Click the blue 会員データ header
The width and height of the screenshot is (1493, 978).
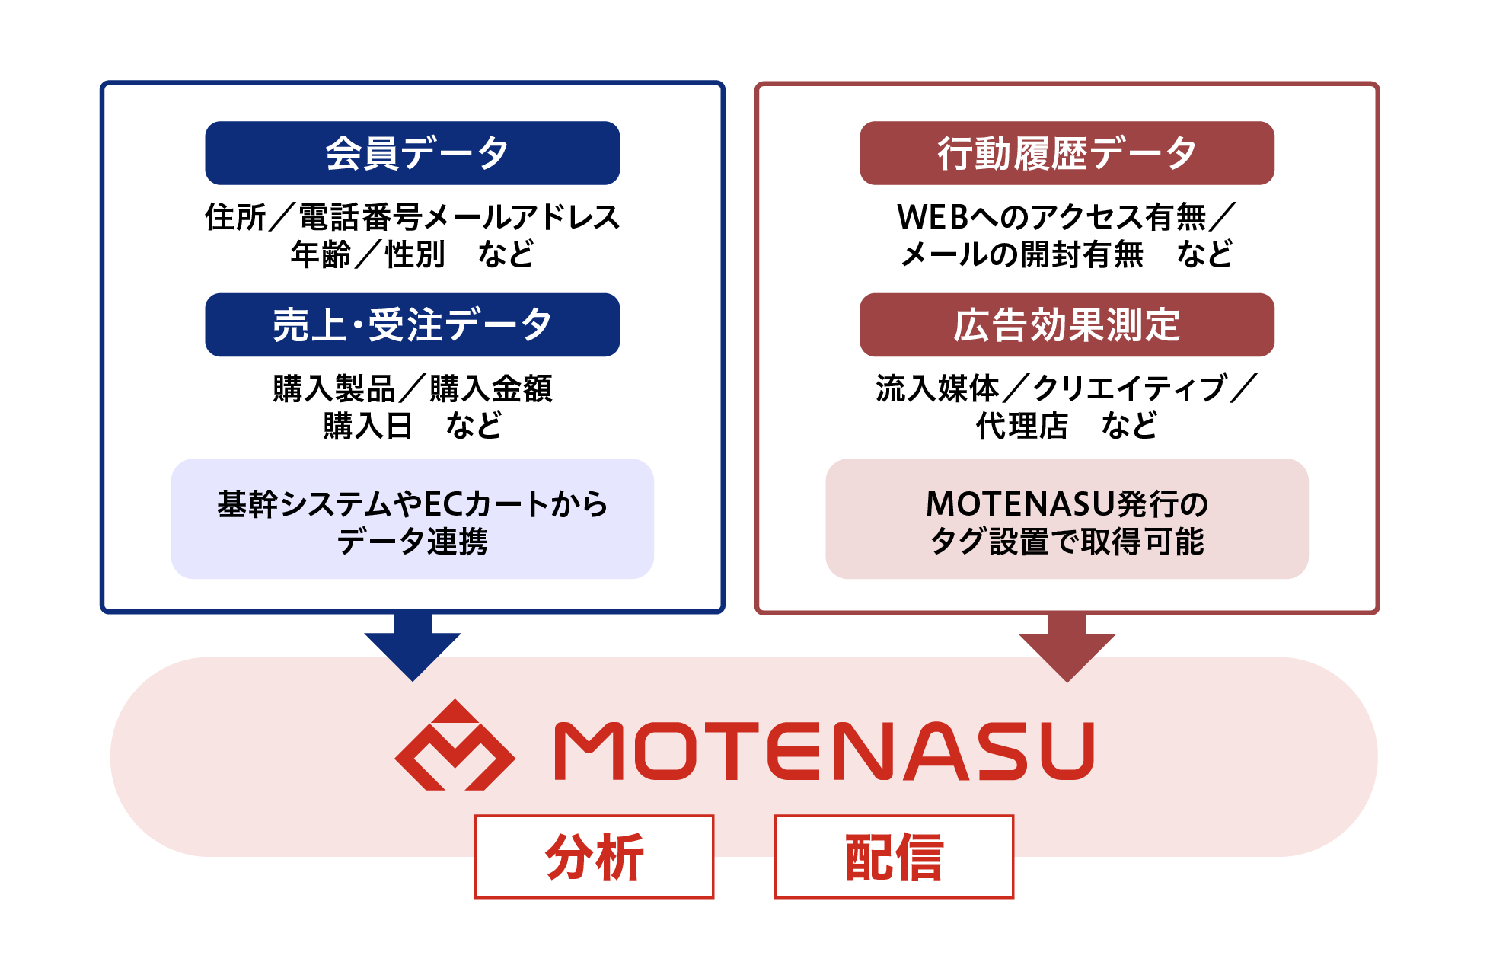(412, 153)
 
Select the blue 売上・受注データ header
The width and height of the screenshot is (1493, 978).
(412, 324)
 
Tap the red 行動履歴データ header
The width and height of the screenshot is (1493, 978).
(1067, 153)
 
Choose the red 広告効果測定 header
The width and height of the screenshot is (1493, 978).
(1067, 324)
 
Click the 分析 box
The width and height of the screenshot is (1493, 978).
(594, 857)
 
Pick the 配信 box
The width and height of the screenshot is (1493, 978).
(894, 857)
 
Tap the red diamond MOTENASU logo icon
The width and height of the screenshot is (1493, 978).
(455, 745)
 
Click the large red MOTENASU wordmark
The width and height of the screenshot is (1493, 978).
(825, 751)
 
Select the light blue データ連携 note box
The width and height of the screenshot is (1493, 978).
(412, 519)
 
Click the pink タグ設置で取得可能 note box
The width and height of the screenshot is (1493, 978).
(1067, 519)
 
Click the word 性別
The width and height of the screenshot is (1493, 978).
(415, 254)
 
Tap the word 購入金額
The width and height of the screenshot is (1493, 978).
(491, 388)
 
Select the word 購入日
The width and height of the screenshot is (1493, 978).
(368, 426)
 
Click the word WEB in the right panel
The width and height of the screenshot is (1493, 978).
(933, 217)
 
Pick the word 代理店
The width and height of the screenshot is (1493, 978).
(1022, 426)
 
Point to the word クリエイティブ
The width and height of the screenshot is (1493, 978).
(1129, 388)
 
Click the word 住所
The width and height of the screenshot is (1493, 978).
(235, 217)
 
